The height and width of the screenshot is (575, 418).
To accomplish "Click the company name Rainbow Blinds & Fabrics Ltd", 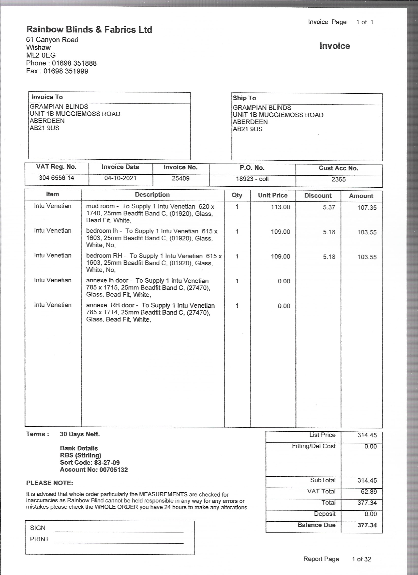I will click(89, 30).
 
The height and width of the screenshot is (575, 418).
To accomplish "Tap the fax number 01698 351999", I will click(66, 71).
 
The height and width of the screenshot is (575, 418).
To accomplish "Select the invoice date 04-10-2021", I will click(120, 178).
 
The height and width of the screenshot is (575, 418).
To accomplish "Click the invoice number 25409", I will click(180, 178).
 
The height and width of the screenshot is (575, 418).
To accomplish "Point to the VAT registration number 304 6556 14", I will click(56, 178).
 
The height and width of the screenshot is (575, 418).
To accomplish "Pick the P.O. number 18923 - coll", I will click(252, 179).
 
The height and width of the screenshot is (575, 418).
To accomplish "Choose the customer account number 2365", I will click(338, 179).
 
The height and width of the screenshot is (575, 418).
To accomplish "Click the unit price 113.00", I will click(280, 207).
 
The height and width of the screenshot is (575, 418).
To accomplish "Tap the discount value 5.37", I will click(329, 207).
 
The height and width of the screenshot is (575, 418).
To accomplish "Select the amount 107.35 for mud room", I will click(367, 207).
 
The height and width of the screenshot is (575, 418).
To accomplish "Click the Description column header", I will click(152, 195).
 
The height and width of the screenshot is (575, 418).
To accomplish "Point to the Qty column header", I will click(237, 195).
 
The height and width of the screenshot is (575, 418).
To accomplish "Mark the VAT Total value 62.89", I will click(369, 491).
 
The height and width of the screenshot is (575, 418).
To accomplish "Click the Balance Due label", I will click(316, 525).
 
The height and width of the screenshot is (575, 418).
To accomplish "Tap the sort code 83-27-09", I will click(107, 462).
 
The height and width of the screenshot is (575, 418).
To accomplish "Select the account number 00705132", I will click(114, 469).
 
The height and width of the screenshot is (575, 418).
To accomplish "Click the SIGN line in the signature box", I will click(119, 531).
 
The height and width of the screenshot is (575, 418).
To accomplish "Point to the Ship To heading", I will click(244, 98).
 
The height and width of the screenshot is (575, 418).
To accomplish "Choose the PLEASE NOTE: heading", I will click(49, 483).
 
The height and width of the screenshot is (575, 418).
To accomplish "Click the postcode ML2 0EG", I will click(41, 55).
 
